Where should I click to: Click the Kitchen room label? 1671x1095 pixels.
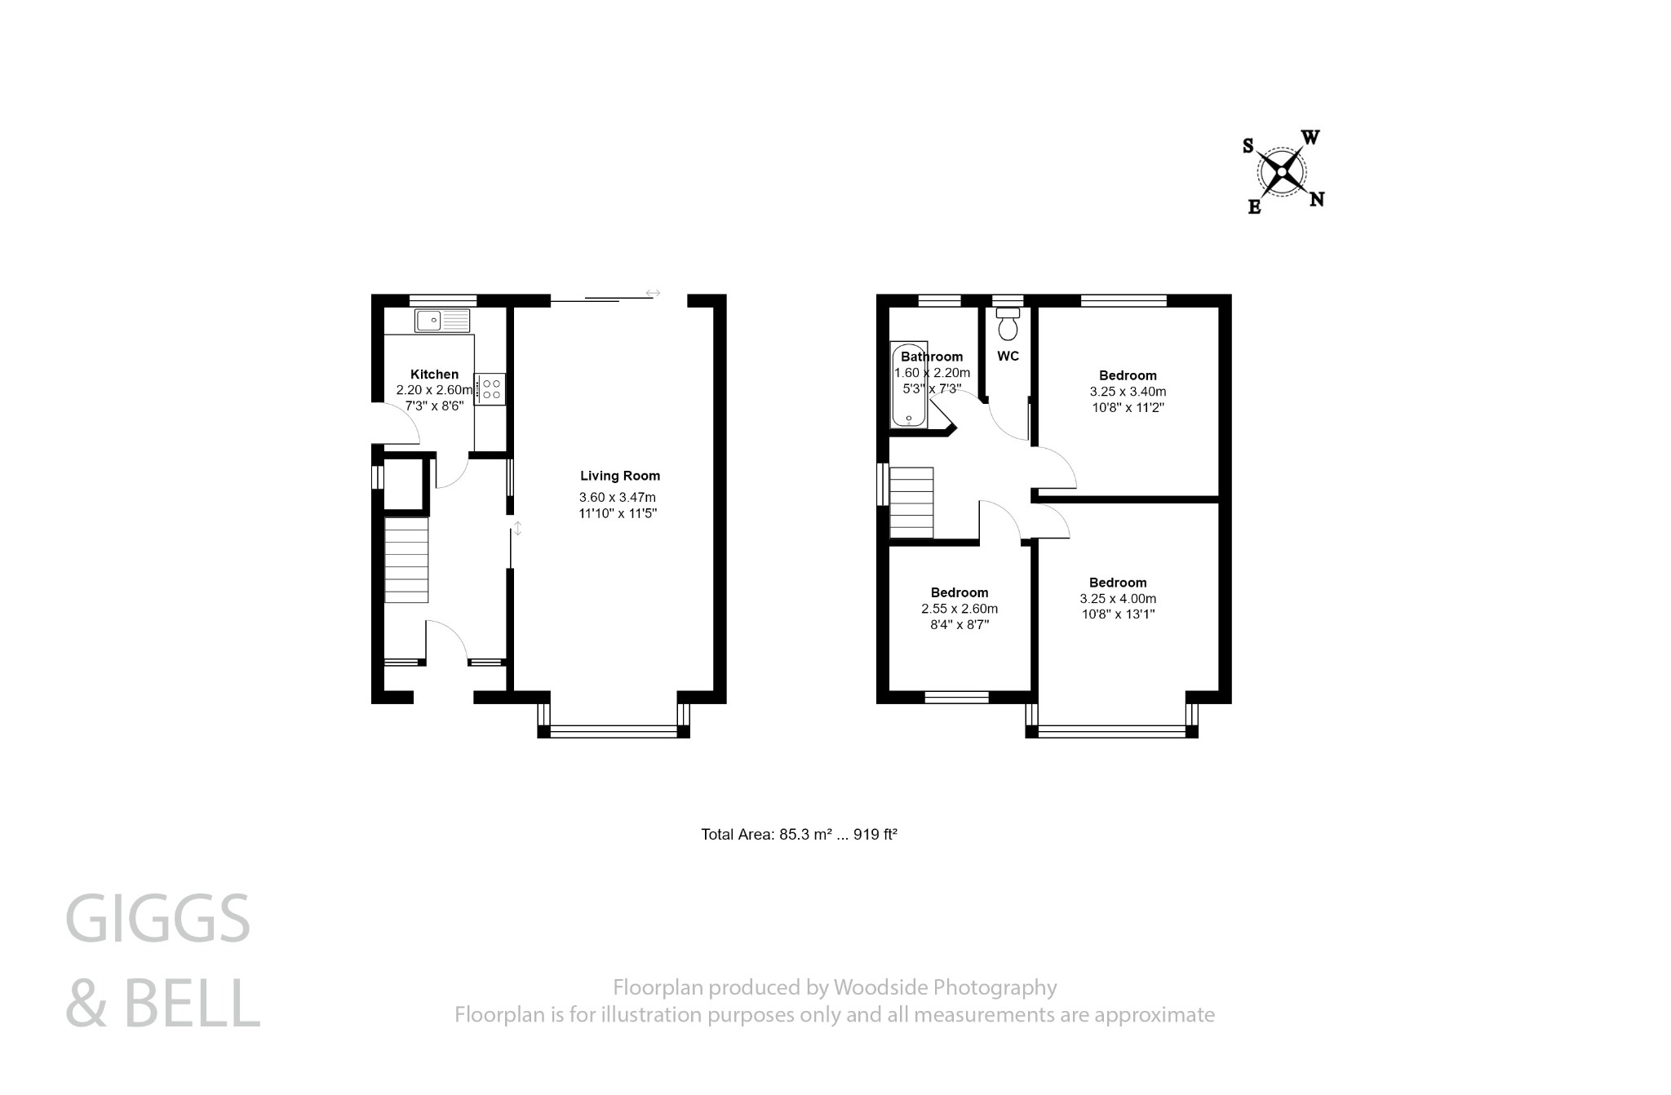pos(434,375)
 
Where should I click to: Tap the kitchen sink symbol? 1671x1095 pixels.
pos(442,321)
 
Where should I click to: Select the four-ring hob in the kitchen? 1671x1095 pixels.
pos(491,388)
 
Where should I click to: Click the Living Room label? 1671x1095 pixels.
pos(620,476)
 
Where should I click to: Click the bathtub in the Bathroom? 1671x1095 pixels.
pos(908,385)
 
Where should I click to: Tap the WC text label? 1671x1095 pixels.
pos(1008,357)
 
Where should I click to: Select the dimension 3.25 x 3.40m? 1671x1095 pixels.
pos(1128,392)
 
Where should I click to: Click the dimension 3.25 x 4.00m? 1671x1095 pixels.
pos(1118,599)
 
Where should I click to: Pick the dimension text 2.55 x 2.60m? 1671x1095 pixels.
pos(960,609)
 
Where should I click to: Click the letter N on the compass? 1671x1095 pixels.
pos(1316,199)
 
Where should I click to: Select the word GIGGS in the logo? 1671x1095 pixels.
pos(157,920)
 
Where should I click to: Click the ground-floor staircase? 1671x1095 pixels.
pos(406,560)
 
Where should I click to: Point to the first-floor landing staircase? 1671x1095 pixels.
pos(911,503)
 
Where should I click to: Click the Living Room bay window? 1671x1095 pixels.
pos(614,731)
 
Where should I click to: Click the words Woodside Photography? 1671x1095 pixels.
pos(945,988)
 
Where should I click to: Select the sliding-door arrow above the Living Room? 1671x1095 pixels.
pos(653,293)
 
